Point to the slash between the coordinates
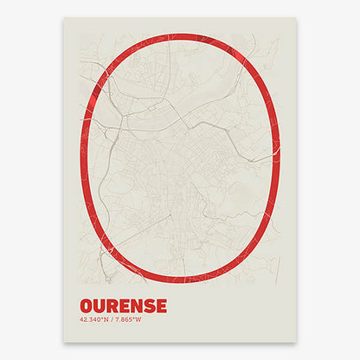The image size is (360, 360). pos(113,320)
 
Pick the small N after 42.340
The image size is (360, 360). pos(107,320)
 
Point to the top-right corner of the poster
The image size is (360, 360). pos(296,18)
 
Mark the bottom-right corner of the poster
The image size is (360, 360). pos(296,341)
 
